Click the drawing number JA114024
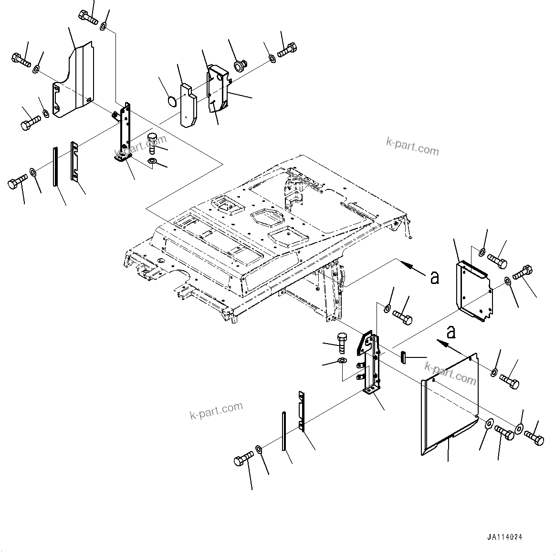point(504,537)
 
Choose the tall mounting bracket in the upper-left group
point(125,134)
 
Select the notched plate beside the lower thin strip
point(301,411)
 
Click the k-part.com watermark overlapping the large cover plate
point(450,372)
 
